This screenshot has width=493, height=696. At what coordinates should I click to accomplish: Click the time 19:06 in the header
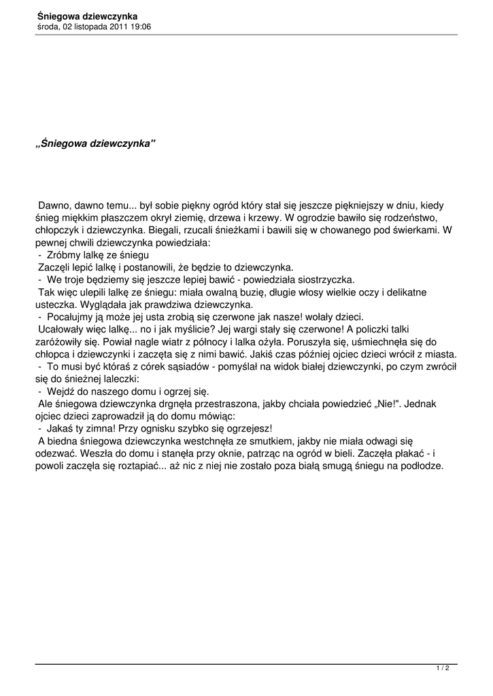pos(139,27)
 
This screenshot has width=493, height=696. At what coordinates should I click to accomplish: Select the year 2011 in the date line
pos(116,27)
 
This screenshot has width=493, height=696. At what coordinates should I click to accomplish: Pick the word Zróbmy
pos(63,254)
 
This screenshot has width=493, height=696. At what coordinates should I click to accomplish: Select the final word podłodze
pos(421,466)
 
